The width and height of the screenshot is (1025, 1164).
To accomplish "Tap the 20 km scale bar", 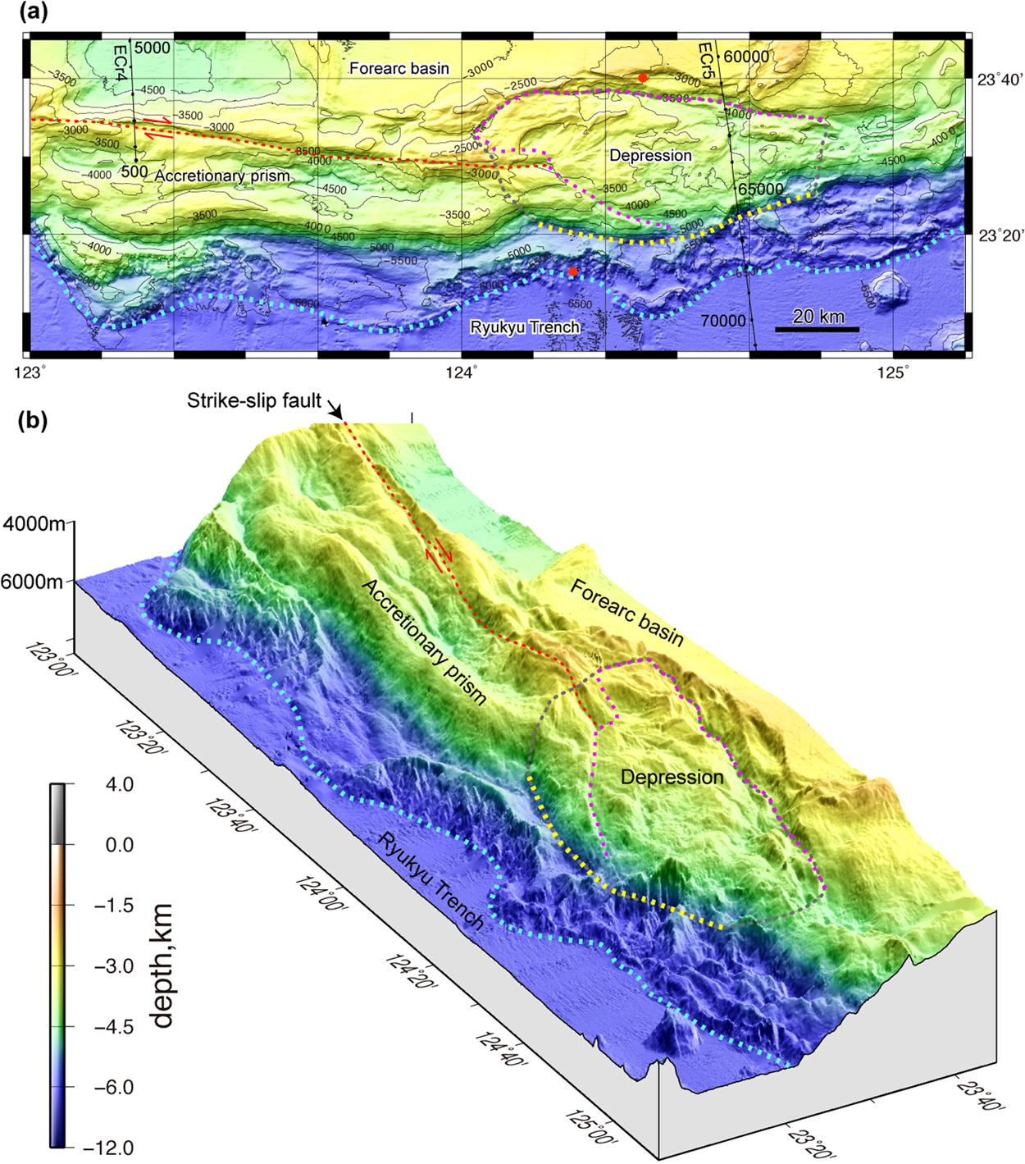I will pos(818,329).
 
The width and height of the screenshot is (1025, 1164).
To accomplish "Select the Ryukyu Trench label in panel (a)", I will pos(525,327).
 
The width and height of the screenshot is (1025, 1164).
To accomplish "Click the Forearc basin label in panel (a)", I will pos(399,68).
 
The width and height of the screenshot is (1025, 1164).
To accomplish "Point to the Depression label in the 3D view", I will pos(672,777).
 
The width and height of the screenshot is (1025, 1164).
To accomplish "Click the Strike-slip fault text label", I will pos(253,401).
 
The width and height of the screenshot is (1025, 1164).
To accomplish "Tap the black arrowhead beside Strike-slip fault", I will pos(335,412).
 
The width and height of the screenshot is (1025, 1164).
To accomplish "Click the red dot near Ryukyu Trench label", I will pos(572,272).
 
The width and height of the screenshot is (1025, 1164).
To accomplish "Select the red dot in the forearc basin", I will pos(643,77).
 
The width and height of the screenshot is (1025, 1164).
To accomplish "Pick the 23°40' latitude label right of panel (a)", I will pos(1000,80).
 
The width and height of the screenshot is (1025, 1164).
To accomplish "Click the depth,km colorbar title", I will pos(163,965).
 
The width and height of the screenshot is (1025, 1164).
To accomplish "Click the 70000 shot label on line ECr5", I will pos(722,321).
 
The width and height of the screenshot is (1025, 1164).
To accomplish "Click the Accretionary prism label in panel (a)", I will pos(222,176).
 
